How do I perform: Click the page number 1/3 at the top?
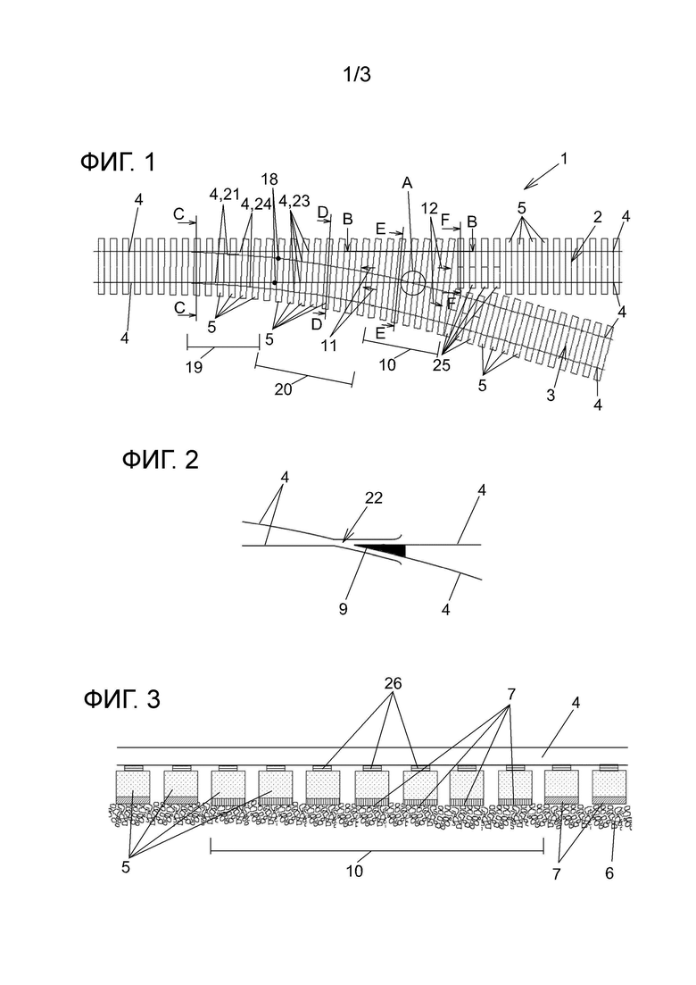tap(356, 75)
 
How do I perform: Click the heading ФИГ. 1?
tap(118, 163)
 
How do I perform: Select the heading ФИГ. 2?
tap(160, 460)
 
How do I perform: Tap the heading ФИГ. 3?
tap(121, 698)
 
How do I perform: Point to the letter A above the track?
tap(407, 183)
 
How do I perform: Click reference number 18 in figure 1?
tap(269, 179)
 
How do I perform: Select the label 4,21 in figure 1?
tap(225, 195)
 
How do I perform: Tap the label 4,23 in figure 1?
tap(294, 200)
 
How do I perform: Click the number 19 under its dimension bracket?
tap(194, 368)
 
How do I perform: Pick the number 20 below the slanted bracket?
tap(283, 389)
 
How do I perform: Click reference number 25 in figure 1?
tap(441, 365)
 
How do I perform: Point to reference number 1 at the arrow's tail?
tap(564, 159)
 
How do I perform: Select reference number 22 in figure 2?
tap(373, 498)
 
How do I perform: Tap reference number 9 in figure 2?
tap(343, 609)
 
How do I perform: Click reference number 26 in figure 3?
tap(393, 683)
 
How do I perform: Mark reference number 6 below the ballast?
tap(609, 873)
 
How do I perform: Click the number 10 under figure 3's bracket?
tap(354, 872)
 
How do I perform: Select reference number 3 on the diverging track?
tap(551, 396)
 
